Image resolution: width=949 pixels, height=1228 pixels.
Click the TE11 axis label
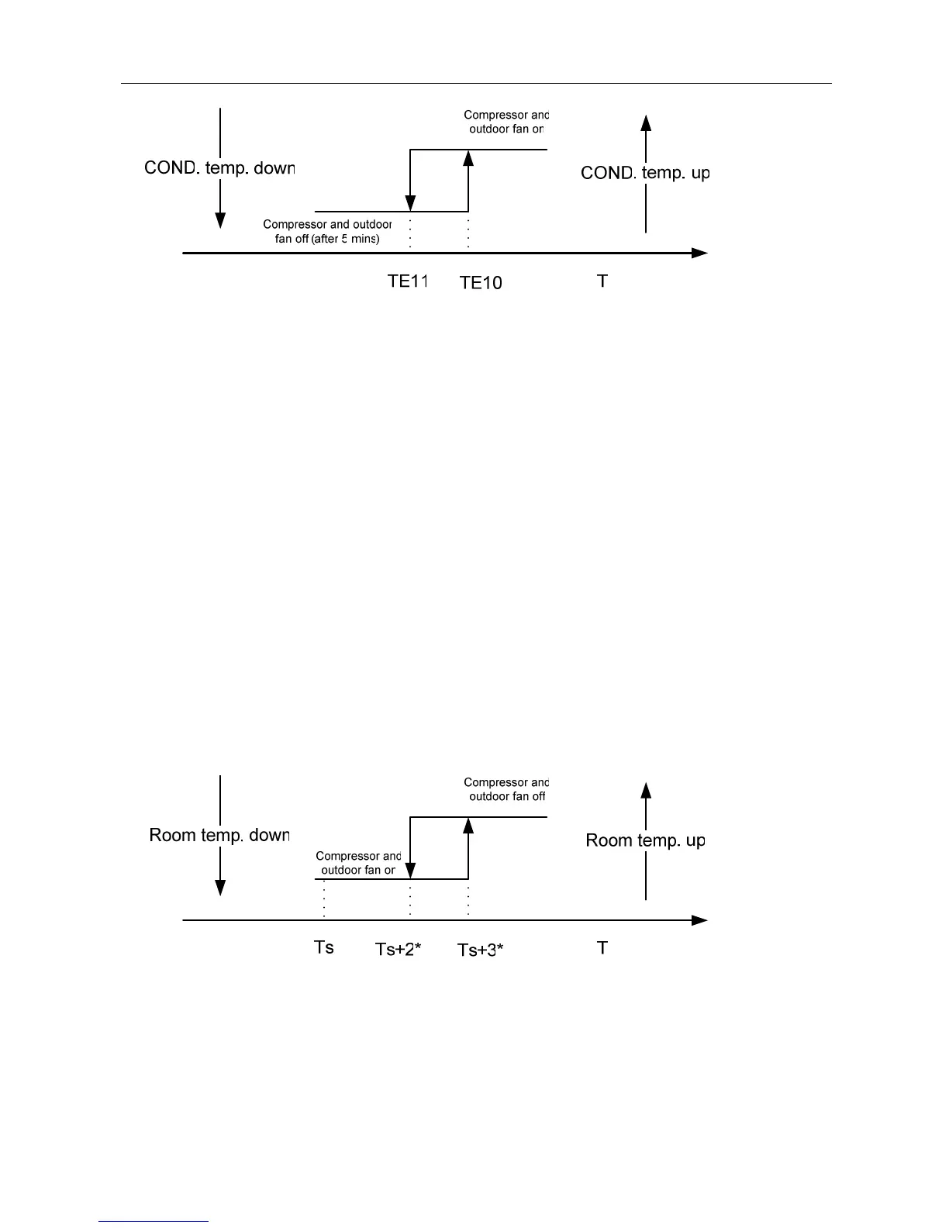point(408,281)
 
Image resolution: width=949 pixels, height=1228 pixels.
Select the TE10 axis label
point(481,283)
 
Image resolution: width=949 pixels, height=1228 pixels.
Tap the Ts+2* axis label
point(398,949)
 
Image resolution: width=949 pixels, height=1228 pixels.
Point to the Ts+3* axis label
point(481,950)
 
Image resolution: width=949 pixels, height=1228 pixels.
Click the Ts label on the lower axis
point(323,947)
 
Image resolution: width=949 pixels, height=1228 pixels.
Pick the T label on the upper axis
point(602,281)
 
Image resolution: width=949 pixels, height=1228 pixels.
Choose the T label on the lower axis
point(602,947)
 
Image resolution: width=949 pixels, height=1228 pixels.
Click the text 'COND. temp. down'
point(219,168)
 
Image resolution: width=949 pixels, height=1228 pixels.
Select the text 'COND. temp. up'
point(645,173)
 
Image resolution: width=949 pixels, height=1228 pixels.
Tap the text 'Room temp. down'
point(219,836)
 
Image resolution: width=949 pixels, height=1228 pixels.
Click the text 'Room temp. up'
point(645,840)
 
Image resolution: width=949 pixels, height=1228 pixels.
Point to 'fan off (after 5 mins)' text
point(327,239)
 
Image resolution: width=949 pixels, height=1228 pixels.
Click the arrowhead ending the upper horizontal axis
point(700,253)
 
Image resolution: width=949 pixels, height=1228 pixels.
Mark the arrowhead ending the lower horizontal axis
point(700,920)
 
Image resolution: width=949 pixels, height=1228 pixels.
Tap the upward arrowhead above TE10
point(468,157)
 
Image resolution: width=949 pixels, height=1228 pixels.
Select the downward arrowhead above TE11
point(410,204)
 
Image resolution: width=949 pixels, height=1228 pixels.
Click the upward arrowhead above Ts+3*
point(468,825)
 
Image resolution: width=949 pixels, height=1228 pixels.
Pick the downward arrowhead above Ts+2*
point(410,871)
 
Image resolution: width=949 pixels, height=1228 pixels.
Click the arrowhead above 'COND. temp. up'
point(646,122)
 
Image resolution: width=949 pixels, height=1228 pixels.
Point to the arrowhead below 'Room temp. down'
point(220,888)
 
